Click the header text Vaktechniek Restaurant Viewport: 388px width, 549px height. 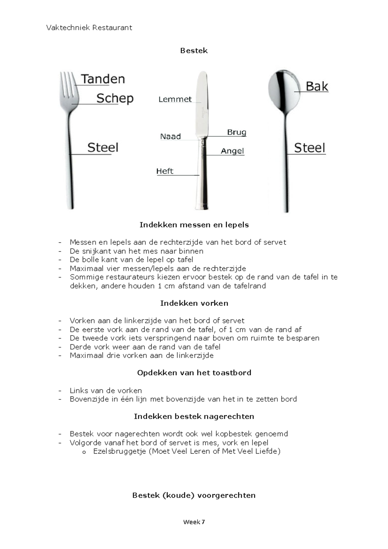(89, 28)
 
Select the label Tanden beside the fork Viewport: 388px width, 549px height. (103, 79)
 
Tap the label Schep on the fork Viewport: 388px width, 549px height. (115, 98)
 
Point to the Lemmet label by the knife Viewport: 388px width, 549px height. (175, 100)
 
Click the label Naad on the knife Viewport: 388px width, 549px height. (170, 136)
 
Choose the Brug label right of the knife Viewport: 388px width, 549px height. (236, 132)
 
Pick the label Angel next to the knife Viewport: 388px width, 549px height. (232, 151)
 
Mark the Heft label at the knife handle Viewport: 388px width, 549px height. (165, 171)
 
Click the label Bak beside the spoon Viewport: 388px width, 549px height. (317, 86)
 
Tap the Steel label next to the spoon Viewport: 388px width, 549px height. (309, 148)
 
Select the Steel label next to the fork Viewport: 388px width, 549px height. (103, 147)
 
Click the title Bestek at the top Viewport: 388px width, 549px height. (194, 51)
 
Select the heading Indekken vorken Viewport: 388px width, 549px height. (194, 303)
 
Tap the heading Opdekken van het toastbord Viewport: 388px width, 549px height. (194, 373)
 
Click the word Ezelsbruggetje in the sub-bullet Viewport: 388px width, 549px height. (120, 451)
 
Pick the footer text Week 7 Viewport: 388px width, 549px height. (194, 522)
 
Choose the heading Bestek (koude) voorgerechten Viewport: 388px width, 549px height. (194, 495)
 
